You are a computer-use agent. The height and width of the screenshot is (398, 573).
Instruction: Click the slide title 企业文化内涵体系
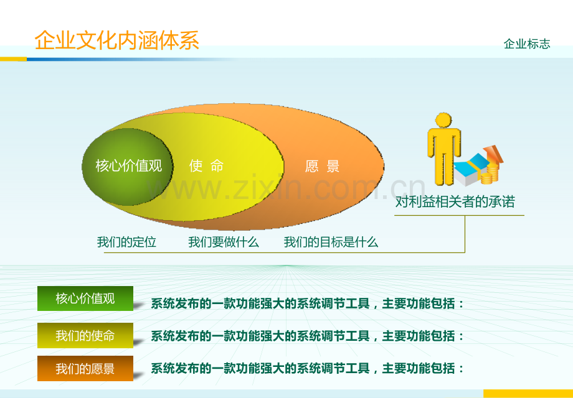pos(117,40)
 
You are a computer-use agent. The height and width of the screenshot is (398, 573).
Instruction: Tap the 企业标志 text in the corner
pos(526,44)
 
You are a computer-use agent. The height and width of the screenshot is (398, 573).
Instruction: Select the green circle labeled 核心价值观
pos(128,167)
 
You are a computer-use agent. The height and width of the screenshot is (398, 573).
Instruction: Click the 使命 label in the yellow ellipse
pos(206,166)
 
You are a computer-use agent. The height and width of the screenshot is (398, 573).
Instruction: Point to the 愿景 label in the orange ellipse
pos(322,166)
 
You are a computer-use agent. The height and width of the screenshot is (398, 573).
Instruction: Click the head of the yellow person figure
pos(443,119)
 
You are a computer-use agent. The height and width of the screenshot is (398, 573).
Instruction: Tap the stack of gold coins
pos(489,174)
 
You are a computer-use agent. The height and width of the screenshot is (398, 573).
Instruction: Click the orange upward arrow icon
pos(493,155)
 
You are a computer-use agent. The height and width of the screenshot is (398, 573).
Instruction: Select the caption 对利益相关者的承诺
pos(455,201)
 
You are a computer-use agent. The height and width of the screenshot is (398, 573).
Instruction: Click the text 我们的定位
pos(126,242)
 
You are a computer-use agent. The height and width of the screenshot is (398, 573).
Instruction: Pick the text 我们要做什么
pos(223,242)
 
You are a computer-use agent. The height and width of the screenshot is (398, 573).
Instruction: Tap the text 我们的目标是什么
pos(331,242)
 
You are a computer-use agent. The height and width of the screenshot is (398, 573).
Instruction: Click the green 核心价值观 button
pos(85,298)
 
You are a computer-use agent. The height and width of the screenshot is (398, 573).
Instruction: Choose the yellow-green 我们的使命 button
pos(85,335)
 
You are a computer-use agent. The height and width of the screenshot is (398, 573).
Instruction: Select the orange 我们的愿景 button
pos(85,368)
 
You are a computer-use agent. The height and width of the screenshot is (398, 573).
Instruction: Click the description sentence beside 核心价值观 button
pos(307,303)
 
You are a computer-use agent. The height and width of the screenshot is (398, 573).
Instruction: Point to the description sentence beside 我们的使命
pos(307,336)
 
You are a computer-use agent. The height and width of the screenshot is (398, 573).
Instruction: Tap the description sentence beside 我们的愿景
pos(307,368)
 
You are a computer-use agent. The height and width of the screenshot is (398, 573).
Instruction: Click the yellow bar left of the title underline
pos(14,59)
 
